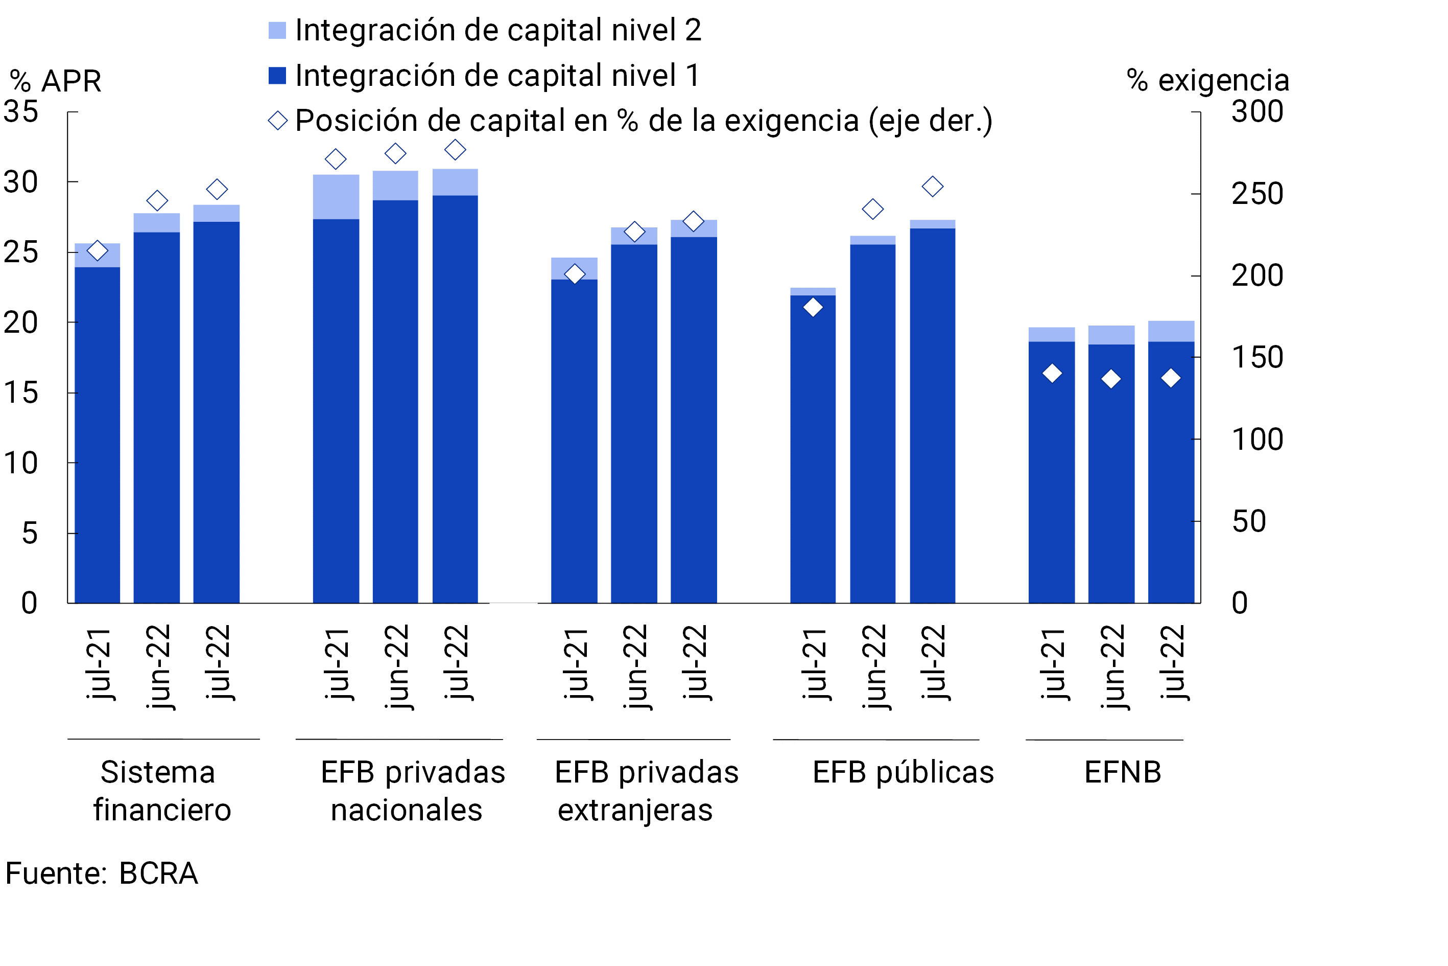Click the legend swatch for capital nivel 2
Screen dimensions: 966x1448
pos(277,30)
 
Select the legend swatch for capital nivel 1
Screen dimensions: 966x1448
pos(277,76)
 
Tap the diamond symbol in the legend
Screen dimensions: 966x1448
pos(278,121)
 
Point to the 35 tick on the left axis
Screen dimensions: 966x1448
pos(21,112)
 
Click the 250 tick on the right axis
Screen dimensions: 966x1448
pos(1256,194)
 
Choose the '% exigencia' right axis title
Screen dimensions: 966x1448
pos(1207,81)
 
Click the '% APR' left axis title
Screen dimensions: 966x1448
pos(55,81)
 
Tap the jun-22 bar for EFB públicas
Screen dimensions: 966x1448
pos(872,425)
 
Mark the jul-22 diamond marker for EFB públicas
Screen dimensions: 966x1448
pos(932,187)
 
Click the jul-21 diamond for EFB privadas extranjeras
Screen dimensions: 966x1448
pos(575,274)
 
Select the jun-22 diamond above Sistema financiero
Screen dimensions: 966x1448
pos(157,201)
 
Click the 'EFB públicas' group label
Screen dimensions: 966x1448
pos(903,773)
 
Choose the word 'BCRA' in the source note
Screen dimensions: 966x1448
pos(158,873)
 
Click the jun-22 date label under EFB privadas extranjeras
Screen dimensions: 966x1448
pos(635,666)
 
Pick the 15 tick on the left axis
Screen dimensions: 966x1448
pos(21,393)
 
